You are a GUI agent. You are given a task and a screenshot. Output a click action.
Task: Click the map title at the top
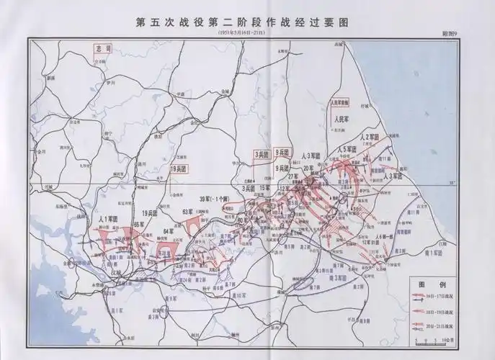click(x=246, y=22)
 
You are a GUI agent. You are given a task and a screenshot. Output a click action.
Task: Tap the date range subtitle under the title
click(x=246, y=34)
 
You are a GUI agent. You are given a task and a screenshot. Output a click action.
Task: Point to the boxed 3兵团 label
click(x=262, y=154)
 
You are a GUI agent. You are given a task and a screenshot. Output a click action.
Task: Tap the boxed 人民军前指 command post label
click(x=337, y=103)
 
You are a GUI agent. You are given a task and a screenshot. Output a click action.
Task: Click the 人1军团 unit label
click(x=107, y=217)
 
